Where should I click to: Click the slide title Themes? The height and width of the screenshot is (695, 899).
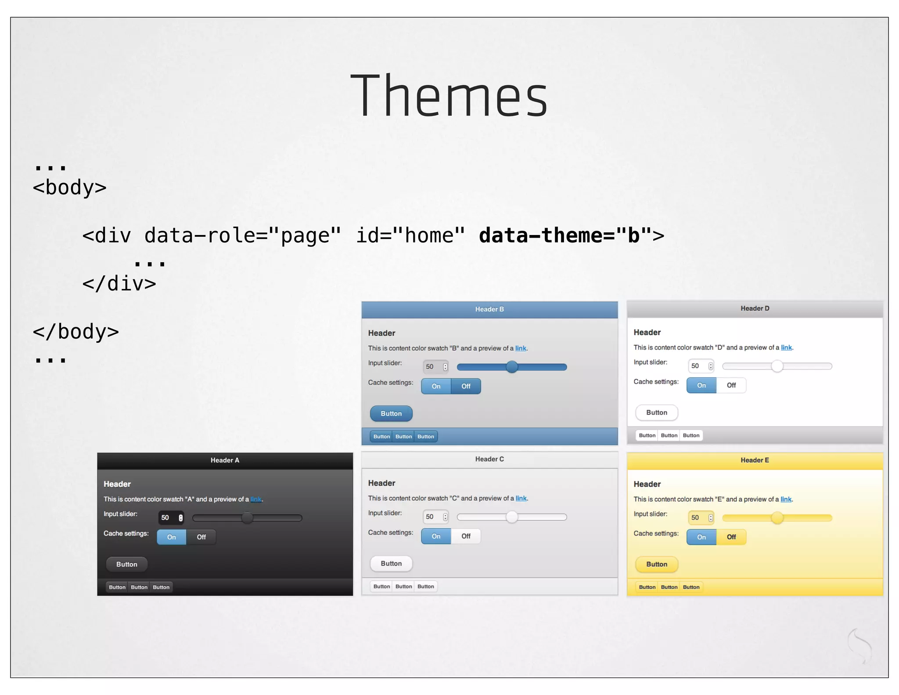click(x=449, y=95)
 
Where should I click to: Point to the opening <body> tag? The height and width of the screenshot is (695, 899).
click(x=69, y=188)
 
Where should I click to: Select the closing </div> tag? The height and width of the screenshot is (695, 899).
click(x=119, y=284)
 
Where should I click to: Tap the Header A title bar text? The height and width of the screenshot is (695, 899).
click(x=225, y=460)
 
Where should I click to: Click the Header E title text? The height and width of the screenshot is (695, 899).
click(x=755, y=460)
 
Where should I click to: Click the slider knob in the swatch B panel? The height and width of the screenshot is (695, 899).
click(x=512, y=367)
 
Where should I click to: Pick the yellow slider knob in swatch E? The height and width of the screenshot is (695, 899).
click(x=777, y=518)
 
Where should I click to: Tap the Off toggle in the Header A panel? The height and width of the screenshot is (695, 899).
click(x=201, y=537)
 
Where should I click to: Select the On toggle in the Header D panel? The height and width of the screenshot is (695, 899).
click(x=701, y=385)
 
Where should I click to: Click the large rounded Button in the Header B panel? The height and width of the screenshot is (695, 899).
click(x=391, y=413)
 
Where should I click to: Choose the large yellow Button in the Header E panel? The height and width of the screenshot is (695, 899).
click(x=657, y=564)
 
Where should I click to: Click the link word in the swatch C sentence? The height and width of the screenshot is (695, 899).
click(x=521, y=498)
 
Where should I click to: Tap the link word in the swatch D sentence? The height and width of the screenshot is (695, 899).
click(x=786, y=347)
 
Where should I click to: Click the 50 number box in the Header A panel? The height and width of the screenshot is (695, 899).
click(x=171, y=518)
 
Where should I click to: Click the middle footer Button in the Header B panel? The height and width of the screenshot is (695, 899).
click(x=403, y=436)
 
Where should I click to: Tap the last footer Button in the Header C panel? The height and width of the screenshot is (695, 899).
click(x=425, y=586)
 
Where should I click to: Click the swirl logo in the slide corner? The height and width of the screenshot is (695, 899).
click(x=859, y=645)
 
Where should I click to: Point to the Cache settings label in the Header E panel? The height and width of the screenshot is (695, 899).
click(x=656, y=533)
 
